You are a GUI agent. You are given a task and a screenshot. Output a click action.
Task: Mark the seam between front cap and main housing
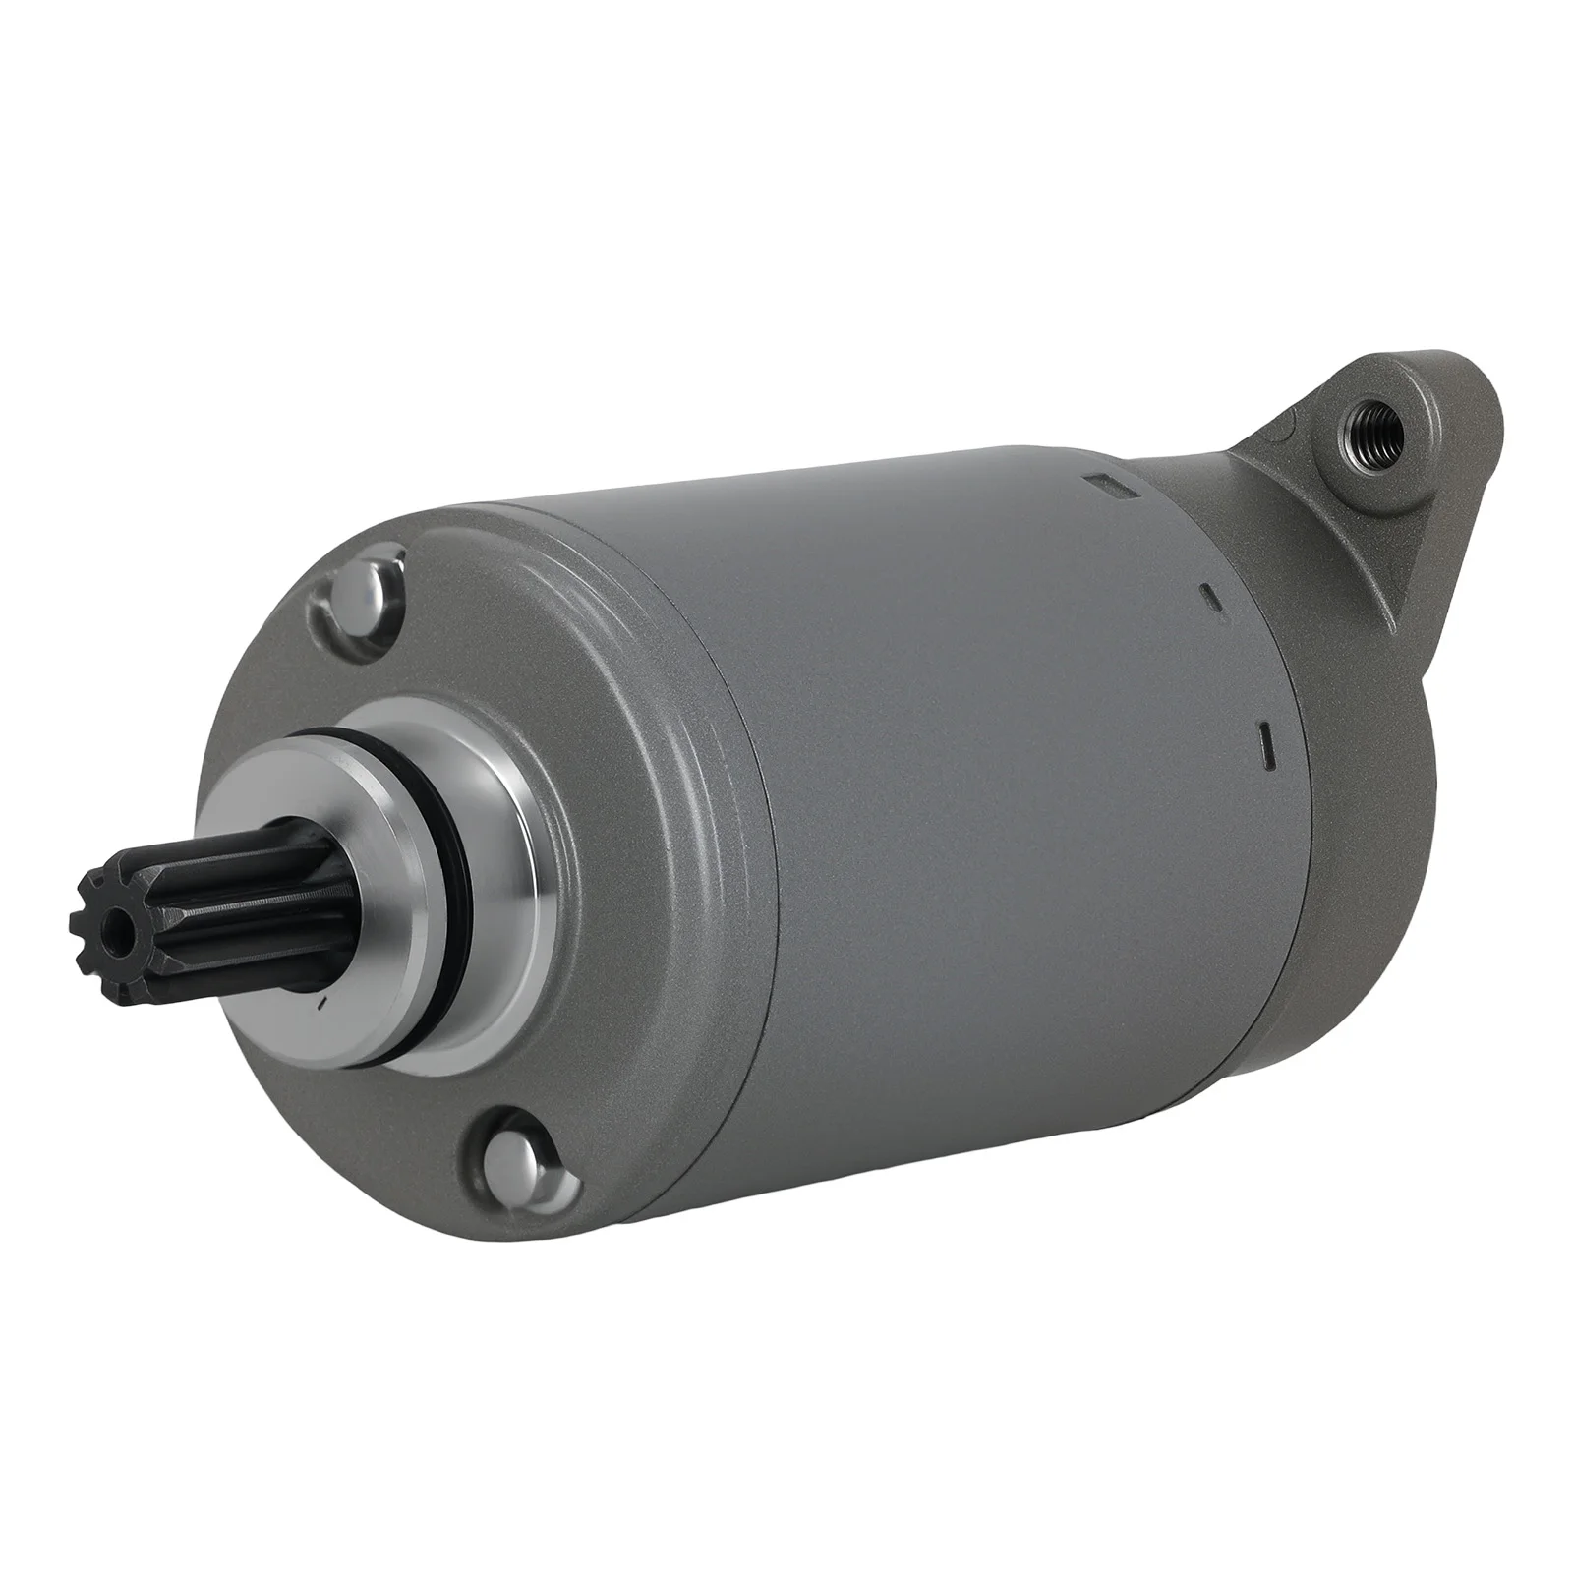757,885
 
